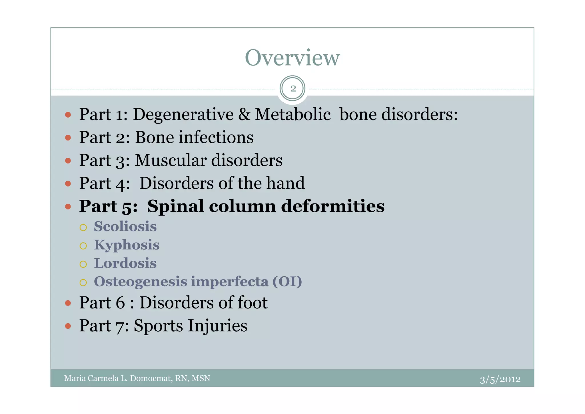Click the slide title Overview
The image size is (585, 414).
(292, 58)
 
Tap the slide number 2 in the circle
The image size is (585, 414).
(293, 89)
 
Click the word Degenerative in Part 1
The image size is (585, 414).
(183, 114)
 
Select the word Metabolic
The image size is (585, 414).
(292, 114)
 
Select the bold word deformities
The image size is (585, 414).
(333, 206)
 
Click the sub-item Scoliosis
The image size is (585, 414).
(125, 227)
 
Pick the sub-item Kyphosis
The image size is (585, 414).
(127, 245)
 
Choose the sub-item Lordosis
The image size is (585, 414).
(125, 263)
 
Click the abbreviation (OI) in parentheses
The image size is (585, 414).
(287, 282)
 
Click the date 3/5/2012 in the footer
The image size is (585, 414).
(500, 379)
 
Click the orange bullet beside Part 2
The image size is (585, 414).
(68, 138)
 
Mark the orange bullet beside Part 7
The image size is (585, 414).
(68, 326)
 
